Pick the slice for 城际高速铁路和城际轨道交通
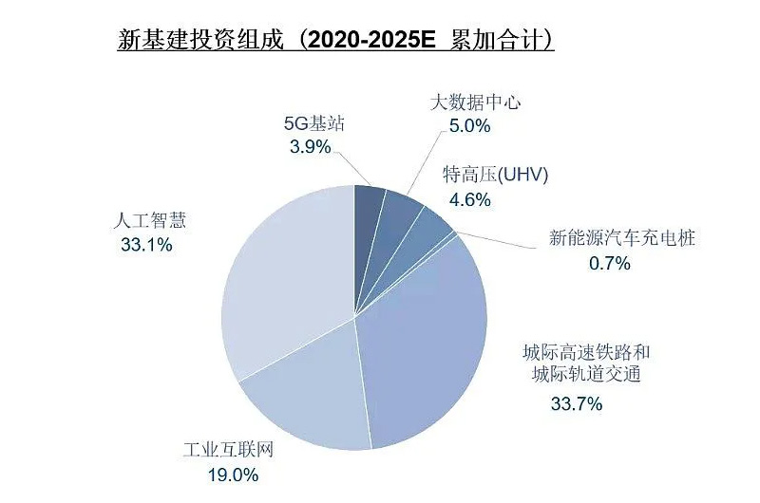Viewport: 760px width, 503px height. tap(427, 342)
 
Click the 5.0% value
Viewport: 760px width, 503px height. tap(470, 124)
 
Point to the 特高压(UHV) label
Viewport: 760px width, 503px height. tap(496, 177)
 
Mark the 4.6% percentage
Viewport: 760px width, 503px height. tap(470, 199)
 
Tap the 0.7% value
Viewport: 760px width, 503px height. tap(610, 263)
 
